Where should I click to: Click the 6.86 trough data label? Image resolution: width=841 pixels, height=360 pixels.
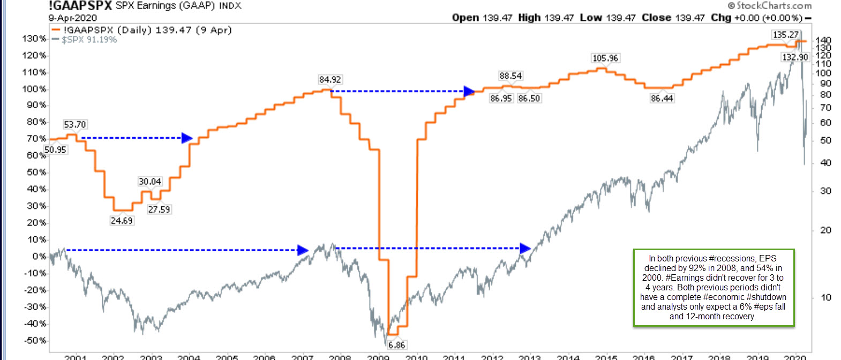click(x=396, y=345)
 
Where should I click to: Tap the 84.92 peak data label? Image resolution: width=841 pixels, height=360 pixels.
click(x=330, y=79)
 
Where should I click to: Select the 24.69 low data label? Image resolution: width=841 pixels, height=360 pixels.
click(x=122, y=221)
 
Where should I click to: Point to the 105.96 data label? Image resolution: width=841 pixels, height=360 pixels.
click(x=605, y=58)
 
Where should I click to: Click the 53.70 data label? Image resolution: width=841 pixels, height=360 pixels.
click(x=75, y=124)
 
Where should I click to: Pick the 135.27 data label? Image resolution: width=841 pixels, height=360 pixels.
click(x=785, y=35)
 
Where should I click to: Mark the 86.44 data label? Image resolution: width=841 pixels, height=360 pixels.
click(x=662, y=98)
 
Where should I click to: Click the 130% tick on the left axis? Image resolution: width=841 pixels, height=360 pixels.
click(x=34, y=39)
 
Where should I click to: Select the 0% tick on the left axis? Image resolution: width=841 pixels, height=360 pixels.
click(x=39, y=257)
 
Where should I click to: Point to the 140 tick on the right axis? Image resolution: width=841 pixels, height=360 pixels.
click(x=823, y=41)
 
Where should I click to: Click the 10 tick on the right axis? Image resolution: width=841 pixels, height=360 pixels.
click(x=826, y=297)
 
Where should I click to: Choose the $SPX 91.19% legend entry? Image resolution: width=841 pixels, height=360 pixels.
click(x=89, y=40)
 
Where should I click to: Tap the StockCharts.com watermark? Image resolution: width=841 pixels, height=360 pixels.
click(x=770, y=6)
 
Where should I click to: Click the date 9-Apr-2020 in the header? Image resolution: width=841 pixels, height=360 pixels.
click(x=73, y=18)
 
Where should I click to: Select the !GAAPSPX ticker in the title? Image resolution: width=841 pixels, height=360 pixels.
click(x=80, y=6)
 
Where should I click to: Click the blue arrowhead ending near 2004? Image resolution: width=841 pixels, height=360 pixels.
click(x=187, y=138)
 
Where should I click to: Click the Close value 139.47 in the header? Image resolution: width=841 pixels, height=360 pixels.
click(x=690, y=18)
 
